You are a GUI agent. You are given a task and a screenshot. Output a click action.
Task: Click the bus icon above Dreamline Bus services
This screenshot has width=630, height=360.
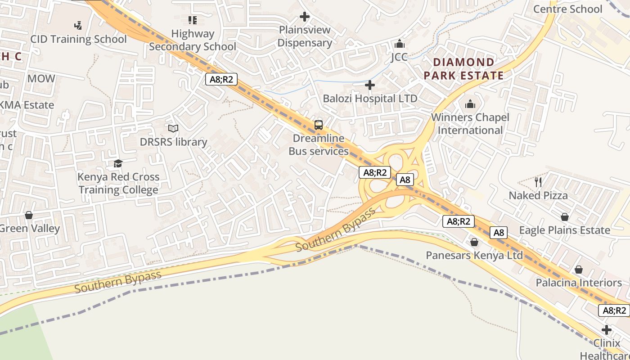pos(319,125)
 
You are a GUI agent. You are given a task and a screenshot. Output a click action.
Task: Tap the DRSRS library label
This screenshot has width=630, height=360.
pos(173,142)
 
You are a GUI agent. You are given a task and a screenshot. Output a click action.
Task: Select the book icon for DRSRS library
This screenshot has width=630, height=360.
pos(173,129)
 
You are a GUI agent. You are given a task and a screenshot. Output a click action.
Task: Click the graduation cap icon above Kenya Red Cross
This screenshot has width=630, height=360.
pos(118,163)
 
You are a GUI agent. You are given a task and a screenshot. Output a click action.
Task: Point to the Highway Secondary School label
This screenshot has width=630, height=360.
pos(193,40)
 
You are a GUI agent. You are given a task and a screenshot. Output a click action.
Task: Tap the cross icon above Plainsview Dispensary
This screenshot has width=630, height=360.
pos(305,17)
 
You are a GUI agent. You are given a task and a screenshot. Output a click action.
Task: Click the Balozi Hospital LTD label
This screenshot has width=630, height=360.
pos(370,98)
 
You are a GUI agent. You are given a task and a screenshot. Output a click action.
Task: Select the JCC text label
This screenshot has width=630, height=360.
pos(399,57)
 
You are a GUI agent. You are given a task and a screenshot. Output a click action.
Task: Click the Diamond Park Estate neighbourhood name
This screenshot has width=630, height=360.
pos(463,69)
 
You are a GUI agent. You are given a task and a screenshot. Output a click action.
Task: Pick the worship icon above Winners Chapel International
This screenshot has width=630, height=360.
pos(470,104)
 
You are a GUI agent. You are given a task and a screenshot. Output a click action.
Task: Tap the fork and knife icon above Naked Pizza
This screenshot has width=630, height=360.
pos(538,182)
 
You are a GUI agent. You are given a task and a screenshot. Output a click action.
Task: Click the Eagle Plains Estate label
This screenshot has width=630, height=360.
pos(564,230)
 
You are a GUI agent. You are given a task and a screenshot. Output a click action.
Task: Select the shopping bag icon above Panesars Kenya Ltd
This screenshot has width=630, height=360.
pos(474,243)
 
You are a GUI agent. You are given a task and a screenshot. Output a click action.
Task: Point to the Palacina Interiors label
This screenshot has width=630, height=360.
pos(578,283)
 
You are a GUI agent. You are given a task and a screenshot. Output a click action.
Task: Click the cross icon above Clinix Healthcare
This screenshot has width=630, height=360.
pos(607,330)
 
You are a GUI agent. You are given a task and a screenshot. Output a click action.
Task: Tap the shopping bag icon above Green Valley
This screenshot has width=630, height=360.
pos(29,215)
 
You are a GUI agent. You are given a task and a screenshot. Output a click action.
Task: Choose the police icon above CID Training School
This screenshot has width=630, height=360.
pos(78,26)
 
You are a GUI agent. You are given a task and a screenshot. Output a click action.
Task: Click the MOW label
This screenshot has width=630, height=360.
pos(41,79)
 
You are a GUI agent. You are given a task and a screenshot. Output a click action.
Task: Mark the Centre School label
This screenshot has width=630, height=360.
pos(567,9)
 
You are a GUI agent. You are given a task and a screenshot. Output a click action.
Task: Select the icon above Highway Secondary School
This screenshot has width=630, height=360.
pos(193,20)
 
